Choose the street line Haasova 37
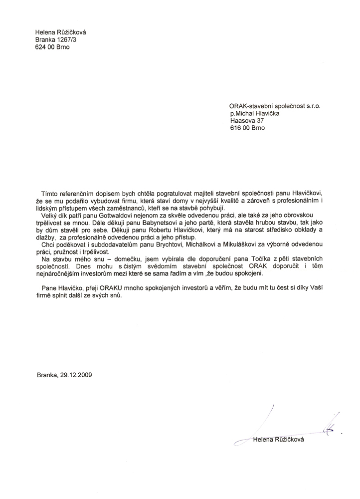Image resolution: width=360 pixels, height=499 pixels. click(247, 120)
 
